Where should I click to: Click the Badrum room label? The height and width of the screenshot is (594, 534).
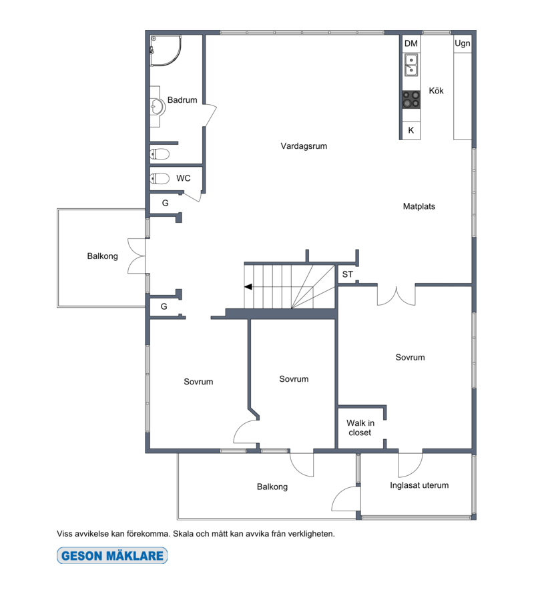182,100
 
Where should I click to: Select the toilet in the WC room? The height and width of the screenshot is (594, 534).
160,178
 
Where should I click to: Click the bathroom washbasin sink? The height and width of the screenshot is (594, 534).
158,106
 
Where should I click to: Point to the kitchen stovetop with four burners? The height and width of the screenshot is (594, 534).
411,99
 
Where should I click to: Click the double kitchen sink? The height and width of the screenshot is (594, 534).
411,65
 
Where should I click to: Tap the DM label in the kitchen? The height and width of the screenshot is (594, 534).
411,43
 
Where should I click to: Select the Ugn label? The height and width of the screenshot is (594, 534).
463,43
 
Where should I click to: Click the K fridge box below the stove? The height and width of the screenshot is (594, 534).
411,130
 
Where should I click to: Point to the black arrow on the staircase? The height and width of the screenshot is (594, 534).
248,287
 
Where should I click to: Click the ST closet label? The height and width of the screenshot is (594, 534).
348,274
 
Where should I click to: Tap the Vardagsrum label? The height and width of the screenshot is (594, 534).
304,146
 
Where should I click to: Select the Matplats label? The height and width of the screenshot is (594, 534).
419,206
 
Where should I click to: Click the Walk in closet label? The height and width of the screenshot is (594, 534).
360,428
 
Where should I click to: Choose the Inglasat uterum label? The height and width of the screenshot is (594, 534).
419,485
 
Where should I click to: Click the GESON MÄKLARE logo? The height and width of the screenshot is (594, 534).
112,556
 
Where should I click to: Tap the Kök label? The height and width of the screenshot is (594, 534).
437,91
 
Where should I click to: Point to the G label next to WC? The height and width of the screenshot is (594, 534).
166,203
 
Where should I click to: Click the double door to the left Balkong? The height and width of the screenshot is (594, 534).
136,256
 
